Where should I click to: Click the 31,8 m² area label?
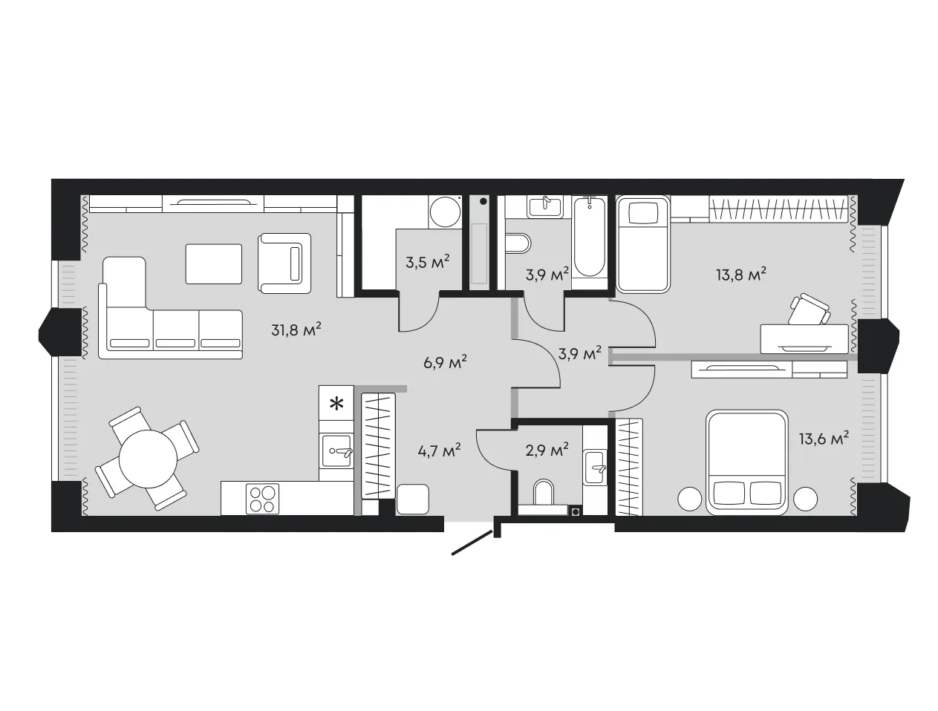tap(296, 330)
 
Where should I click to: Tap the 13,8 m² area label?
tap(740, 275)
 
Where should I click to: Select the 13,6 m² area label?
tap(824, 438)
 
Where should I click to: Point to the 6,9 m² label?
tap(445, 362)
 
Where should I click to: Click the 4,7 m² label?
tap(439, 450)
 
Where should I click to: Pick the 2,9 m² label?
tap(547, 450)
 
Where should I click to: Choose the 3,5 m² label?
tap(428, 262)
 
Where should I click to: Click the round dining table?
tap(148, 459)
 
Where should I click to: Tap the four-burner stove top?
tap(262, 499)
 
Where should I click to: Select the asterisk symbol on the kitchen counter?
tap(337, 404)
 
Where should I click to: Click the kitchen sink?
tap(336, 451)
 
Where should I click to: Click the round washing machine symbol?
tap(444, 212)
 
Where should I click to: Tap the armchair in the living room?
tap(284, 263)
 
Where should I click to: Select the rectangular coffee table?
tap(214, 264)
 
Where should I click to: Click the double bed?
tap(746, 462)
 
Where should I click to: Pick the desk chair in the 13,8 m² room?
tap(809, 309)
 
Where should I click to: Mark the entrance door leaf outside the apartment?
tap(472, 543)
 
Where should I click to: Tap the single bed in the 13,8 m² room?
tap(642, 244)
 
